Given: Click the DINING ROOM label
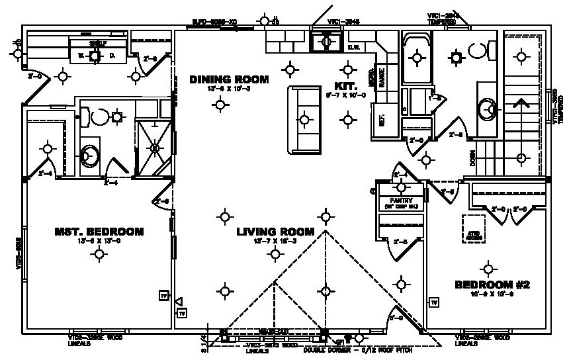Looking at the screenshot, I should click(229, 79).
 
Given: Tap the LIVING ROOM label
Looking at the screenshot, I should click(275, 232).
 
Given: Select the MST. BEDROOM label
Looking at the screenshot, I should click(99, 232).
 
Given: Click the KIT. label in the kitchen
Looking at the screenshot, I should click(347, 87).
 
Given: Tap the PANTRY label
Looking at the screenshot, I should click(401, 201).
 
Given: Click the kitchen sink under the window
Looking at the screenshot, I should click(326, 42).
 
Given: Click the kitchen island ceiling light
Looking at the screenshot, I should click(304, 120).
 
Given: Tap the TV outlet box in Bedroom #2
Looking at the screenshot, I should click(435, 302).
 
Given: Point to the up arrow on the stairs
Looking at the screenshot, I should click(521, 106).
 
